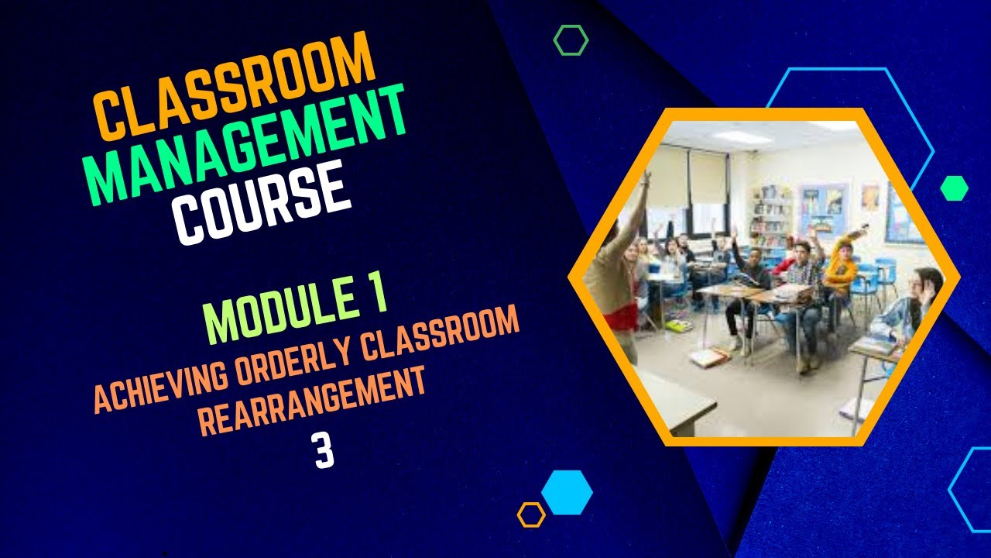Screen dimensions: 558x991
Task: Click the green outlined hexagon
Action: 571,40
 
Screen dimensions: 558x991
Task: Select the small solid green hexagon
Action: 954,188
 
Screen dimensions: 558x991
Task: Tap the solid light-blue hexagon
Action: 567,492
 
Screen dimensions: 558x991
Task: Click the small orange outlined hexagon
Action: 531,515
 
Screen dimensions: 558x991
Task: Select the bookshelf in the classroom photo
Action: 770,209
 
